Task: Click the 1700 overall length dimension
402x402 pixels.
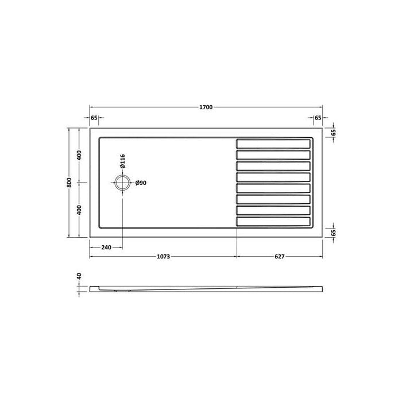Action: coord(206,107)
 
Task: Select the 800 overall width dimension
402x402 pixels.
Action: coord(69,182)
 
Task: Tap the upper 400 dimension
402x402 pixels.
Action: coord(80,155)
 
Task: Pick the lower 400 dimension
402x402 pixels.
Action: coord(80,210)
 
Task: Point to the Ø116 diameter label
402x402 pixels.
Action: coord(122,161)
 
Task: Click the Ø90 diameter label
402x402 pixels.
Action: coord(141,183)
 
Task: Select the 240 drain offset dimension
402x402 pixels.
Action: coord(106,248)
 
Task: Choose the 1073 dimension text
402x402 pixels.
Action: coord(164,257)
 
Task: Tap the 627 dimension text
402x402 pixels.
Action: coord(280,257)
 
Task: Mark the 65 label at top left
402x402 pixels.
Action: coord(94,118)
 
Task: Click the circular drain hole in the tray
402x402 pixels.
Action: coord(122,183)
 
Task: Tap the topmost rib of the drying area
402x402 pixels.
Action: coord(275,142)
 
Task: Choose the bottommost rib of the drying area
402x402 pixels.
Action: coord(275,221)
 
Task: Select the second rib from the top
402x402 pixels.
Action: coord(275,153)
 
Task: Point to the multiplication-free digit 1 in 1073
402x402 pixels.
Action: coord(157,257)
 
